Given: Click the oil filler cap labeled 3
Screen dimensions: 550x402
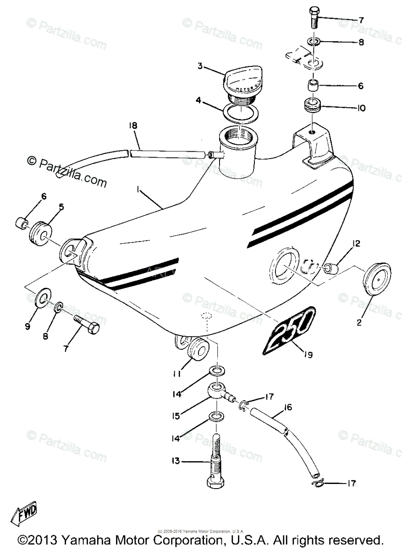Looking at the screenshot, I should (242, 82).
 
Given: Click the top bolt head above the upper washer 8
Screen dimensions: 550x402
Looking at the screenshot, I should (314, 14).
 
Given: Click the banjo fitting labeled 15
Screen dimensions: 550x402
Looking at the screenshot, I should (218, 391).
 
